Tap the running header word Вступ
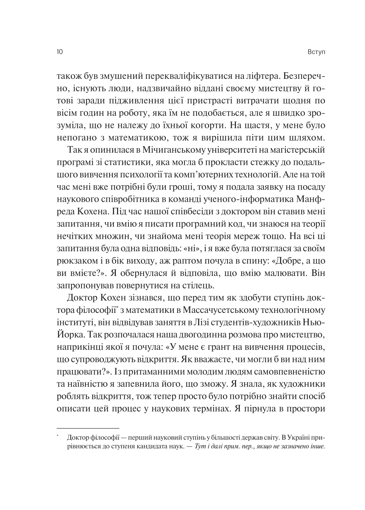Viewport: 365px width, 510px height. (317, 52)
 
